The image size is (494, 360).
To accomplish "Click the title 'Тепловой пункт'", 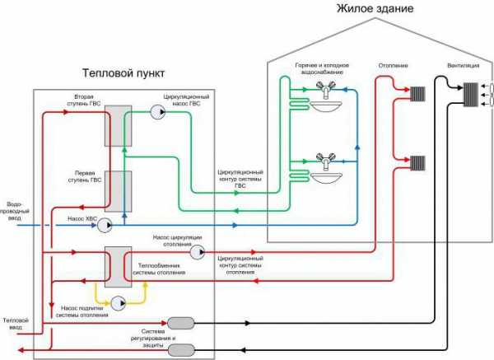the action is (x=123, y=73).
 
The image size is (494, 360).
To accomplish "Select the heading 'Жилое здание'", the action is (x=375, y=8).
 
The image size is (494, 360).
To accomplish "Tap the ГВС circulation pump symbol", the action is (x=157, y=112).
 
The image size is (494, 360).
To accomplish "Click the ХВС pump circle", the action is (x=105, y=226).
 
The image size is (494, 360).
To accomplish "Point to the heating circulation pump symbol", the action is (x=198, y=252).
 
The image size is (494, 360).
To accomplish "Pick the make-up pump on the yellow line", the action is (x=118, y=303).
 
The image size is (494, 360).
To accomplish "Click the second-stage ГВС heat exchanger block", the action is (x=118, y=126).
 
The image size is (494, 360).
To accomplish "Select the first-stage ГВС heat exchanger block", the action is (x=118, y=191).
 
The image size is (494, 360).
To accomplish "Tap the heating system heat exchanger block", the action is (x=118, y=267).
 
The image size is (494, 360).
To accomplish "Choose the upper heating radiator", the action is (x=417, y=94).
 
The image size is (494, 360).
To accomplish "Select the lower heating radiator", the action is (x=417, y=163).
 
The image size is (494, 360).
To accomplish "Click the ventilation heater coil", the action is (x=471, y=95).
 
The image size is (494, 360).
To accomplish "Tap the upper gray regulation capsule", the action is (x=181, y=323).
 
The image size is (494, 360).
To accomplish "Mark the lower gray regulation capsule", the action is (x=181, y=350).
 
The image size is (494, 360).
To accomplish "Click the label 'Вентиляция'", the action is (x=464, y=66).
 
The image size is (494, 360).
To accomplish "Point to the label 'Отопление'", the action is (x=394, y=66).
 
